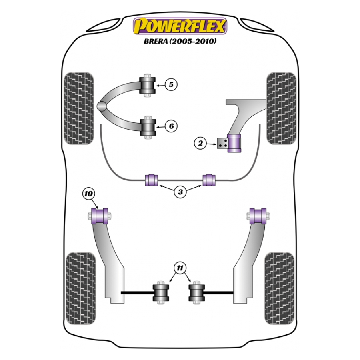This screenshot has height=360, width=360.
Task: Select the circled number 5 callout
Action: (x=171, y=84)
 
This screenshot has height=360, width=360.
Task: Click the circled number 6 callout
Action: (x=171, y=126)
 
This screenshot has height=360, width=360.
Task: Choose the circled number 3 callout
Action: (x=180, y=192)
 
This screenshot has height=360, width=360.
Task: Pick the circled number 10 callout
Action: (x=88, y=194)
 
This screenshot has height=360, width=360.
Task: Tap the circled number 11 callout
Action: (x=180, y=268)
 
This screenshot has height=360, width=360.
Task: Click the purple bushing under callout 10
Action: (x=100, y=216)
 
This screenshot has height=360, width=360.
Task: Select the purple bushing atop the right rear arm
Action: (x=258, y=216)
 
